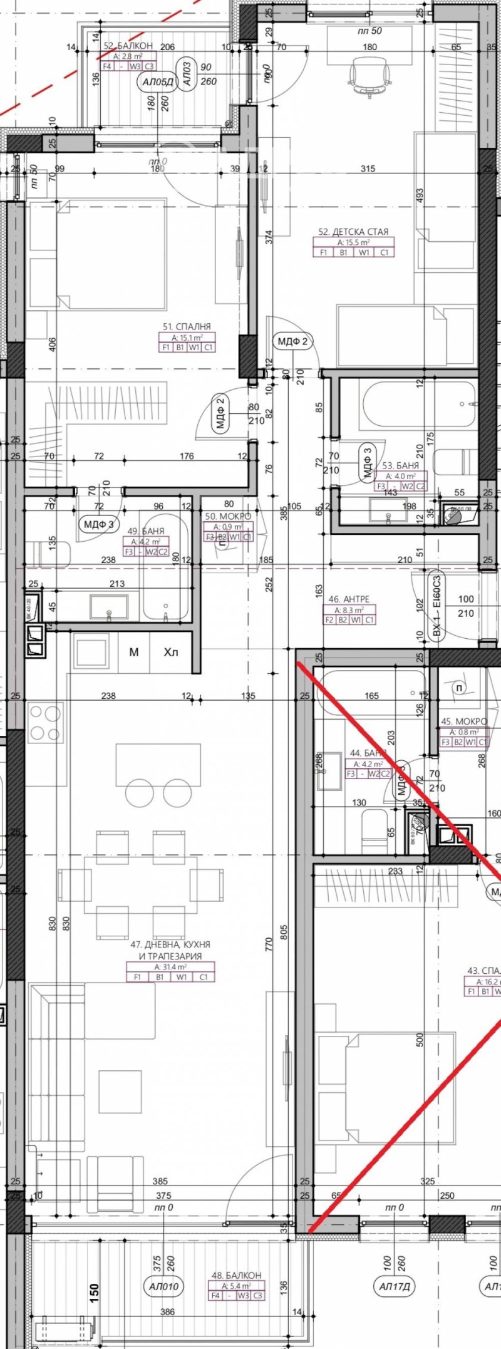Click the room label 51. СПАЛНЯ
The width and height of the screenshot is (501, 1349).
(x=187, y=326)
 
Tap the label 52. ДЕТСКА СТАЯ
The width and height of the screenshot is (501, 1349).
(x=353, y=232)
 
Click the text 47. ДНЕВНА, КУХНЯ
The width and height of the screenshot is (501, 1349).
(x=170, y=961)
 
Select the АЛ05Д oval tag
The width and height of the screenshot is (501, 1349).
(x=155, y=81)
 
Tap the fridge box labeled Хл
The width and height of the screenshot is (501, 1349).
(x=171, y=653)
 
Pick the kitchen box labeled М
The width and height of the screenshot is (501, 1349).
(x=133, y=653)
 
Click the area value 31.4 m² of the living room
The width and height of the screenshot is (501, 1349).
(x=170, y=985)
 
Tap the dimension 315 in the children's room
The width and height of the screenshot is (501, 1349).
(x=368, y=168)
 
